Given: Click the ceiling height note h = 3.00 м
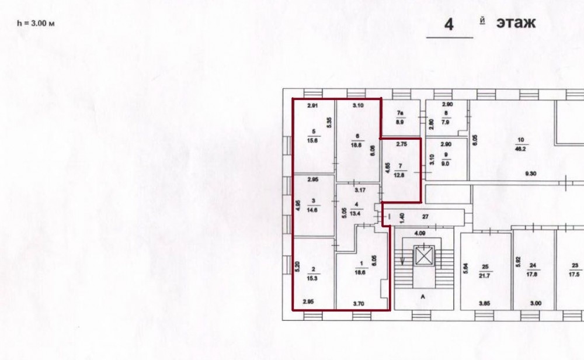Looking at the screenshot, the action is (36, 23).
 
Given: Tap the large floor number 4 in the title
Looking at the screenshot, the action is (449, 24).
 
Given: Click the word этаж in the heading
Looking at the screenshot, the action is (516, 23).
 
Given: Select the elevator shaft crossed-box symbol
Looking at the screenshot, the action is (425, 255).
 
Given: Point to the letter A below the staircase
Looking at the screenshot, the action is (423, 297).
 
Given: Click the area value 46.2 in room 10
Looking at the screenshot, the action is (520, 148).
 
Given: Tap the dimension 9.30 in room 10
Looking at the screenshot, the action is (531, 174).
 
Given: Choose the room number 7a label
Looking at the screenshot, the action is (400, 113).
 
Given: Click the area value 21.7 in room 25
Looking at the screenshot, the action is (485, 276).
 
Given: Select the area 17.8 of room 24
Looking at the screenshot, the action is (533, 274).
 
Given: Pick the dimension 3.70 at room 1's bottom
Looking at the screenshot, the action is (359, 304).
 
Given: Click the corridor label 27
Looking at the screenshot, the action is (425, 216).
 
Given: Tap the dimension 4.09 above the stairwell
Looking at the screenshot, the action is (420, 233).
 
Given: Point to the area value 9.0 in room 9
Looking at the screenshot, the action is (446, 164).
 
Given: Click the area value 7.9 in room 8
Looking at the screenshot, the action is (446, 122).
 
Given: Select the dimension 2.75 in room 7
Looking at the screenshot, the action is (402, 144).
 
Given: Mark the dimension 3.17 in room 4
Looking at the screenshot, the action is (360, 190).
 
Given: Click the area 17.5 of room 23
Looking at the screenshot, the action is (574, 274).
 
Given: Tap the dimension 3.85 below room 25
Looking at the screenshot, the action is (485, 303).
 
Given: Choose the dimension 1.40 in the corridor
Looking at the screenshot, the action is (402, 218).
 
